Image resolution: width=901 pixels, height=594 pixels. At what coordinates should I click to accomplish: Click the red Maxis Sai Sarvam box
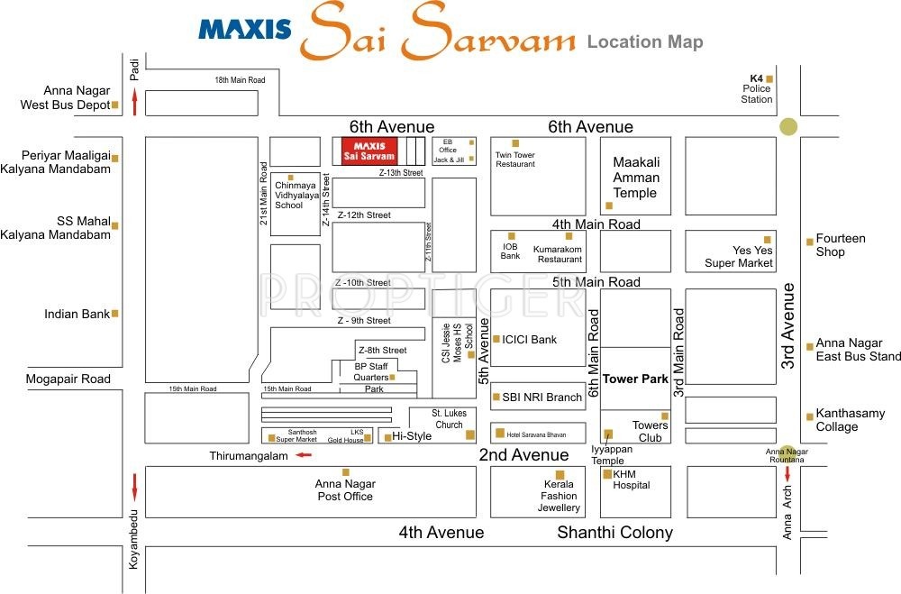(369, 151)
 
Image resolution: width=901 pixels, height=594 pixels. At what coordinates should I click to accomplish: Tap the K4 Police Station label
(757, 88)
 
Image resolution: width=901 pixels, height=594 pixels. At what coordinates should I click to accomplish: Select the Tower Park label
(635, 379)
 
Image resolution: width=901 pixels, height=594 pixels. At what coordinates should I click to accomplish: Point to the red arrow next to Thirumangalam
(305, 455)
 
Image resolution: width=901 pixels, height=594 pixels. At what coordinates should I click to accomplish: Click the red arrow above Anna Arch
(787, 474)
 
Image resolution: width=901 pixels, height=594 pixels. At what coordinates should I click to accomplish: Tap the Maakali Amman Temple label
(635, 178)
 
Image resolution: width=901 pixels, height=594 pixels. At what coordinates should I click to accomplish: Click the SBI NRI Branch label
(542, 398)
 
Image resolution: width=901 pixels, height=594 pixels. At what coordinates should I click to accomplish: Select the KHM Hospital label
(631, 480)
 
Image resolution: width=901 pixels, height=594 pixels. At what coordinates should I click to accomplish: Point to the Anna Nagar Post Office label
(344, 490)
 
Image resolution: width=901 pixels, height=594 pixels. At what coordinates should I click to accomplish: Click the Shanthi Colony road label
(614, 533)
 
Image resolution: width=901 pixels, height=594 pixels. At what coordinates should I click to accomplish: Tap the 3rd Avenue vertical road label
(789, 326)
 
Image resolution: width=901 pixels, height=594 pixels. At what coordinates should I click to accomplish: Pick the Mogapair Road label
(68, 379)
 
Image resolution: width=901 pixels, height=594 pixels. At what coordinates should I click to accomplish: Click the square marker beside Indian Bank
(115, 314)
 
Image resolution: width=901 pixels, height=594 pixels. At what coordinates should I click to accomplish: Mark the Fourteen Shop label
(840, 245)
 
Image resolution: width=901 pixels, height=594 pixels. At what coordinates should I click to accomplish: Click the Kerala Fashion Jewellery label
(559, 496)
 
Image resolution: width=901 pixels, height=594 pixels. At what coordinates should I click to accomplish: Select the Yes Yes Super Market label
(739, 257)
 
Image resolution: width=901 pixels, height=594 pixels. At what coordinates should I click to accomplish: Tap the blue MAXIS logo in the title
(245, 29)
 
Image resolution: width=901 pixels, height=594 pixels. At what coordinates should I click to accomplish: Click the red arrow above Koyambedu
(135, 488)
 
